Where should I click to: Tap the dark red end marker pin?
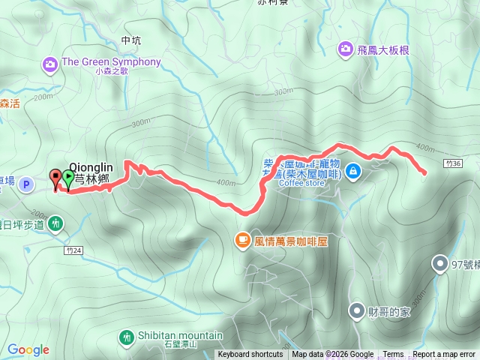[x=55, y=178]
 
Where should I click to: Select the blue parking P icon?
[x=26, y=184]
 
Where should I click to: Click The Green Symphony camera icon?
[x=50, y=62]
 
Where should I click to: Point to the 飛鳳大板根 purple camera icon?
[x=345, y=49]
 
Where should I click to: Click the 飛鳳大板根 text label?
[x=382, y=50]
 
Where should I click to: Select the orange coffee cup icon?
[x=242, y=240]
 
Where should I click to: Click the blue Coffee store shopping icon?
[x=354, y=172]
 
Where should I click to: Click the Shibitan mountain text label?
[x=180, y=336]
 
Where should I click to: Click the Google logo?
[x=28, y=350]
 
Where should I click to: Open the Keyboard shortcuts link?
[x=250, y=355]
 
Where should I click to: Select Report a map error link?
[x=444, y=355]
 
